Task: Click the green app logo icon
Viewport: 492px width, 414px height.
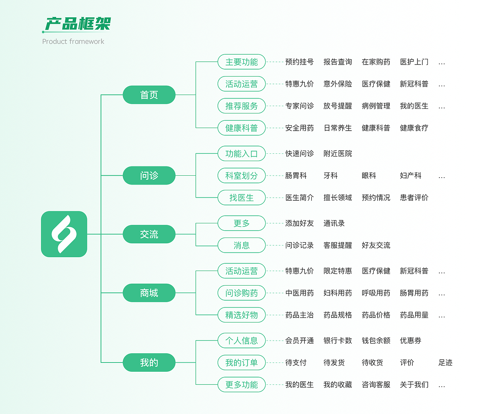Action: click(x=64, y=234)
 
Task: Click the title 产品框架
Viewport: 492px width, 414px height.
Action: click(x=78, y=24)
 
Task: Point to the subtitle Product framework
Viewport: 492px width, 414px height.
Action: click(x=73, y=42)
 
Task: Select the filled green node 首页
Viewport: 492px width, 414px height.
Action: click(x=149, y=95)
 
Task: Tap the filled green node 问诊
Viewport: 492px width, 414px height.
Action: click(x=149, y=176)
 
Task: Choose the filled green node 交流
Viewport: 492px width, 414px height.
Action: click(x=149, y=234)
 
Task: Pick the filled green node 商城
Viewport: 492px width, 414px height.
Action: click(x=149, y=293)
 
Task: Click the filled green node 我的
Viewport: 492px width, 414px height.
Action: click(x=149, y=362)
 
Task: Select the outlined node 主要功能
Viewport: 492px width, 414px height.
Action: click(x=241, y=62)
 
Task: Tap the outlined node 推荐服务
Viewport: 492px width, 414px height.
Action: click(x=241, y=106)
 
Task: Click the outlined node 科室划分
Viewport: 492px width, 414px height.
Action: click(x=241, y=176)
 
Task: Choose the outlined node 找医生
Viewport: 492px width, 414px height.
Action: click(x=241, y=198)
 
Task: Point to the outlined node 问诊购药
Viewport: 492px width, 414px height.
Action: click(x=241, y=293)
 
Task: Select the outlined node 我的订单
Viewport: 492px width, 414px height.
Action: click(x=241, y=362)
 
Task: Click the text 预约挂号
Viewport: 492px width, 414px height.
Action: click(x=299, y=62)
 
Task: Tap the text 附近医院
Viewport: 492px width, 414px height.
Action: click(x=337, y=154)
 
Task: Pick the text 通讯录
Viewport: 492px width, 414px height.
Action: click(x=334, y=223)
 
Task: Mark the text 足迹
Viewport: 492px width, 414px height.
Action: click(x=445, y=362)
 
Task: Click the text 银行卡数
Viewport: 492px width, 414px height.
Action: click(x=337, y=341)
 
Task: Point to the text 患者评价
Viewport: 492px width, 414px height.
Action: click(x=414, y=198)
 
